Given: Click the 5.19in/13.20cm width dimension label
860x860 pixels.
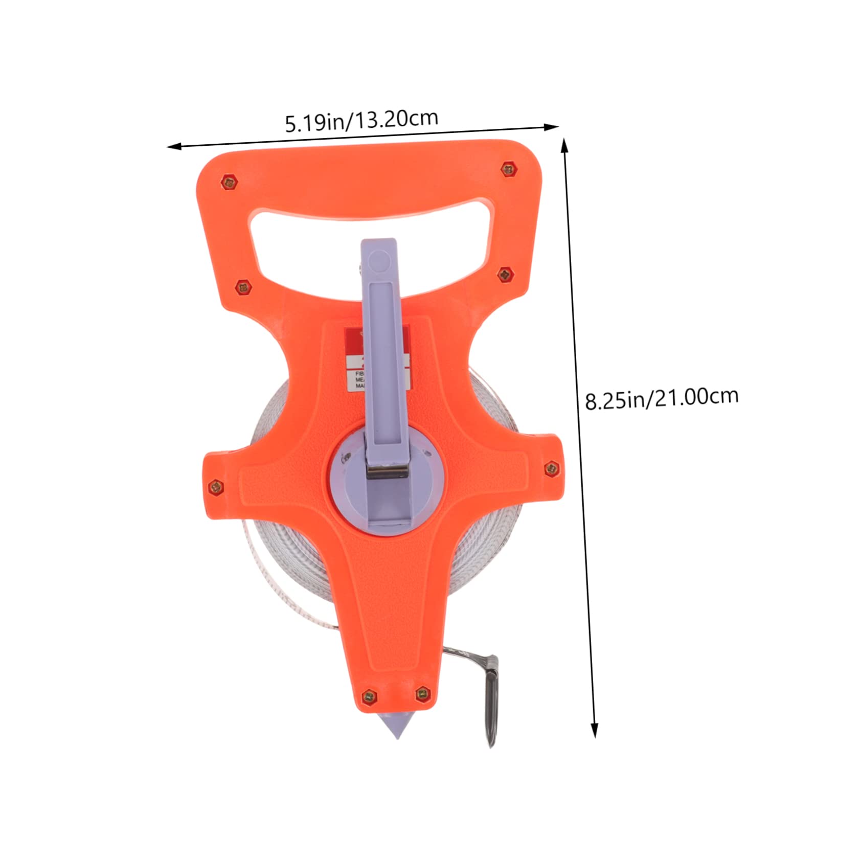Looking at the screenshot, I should [361, 121].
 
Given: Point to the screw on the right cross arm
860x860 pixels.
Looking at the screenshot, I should [551, 467].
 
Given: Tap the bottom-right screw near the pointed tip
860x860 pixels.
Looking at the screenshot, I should [422, 693].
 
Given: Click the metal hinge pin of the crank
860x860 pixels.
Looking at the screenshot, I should [388, 470].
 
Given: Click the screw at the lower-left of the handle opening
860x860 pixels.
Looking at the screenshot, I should [243, 288].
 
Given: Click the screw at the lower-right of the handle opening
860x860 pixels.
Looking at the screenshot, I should [506, 275].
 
